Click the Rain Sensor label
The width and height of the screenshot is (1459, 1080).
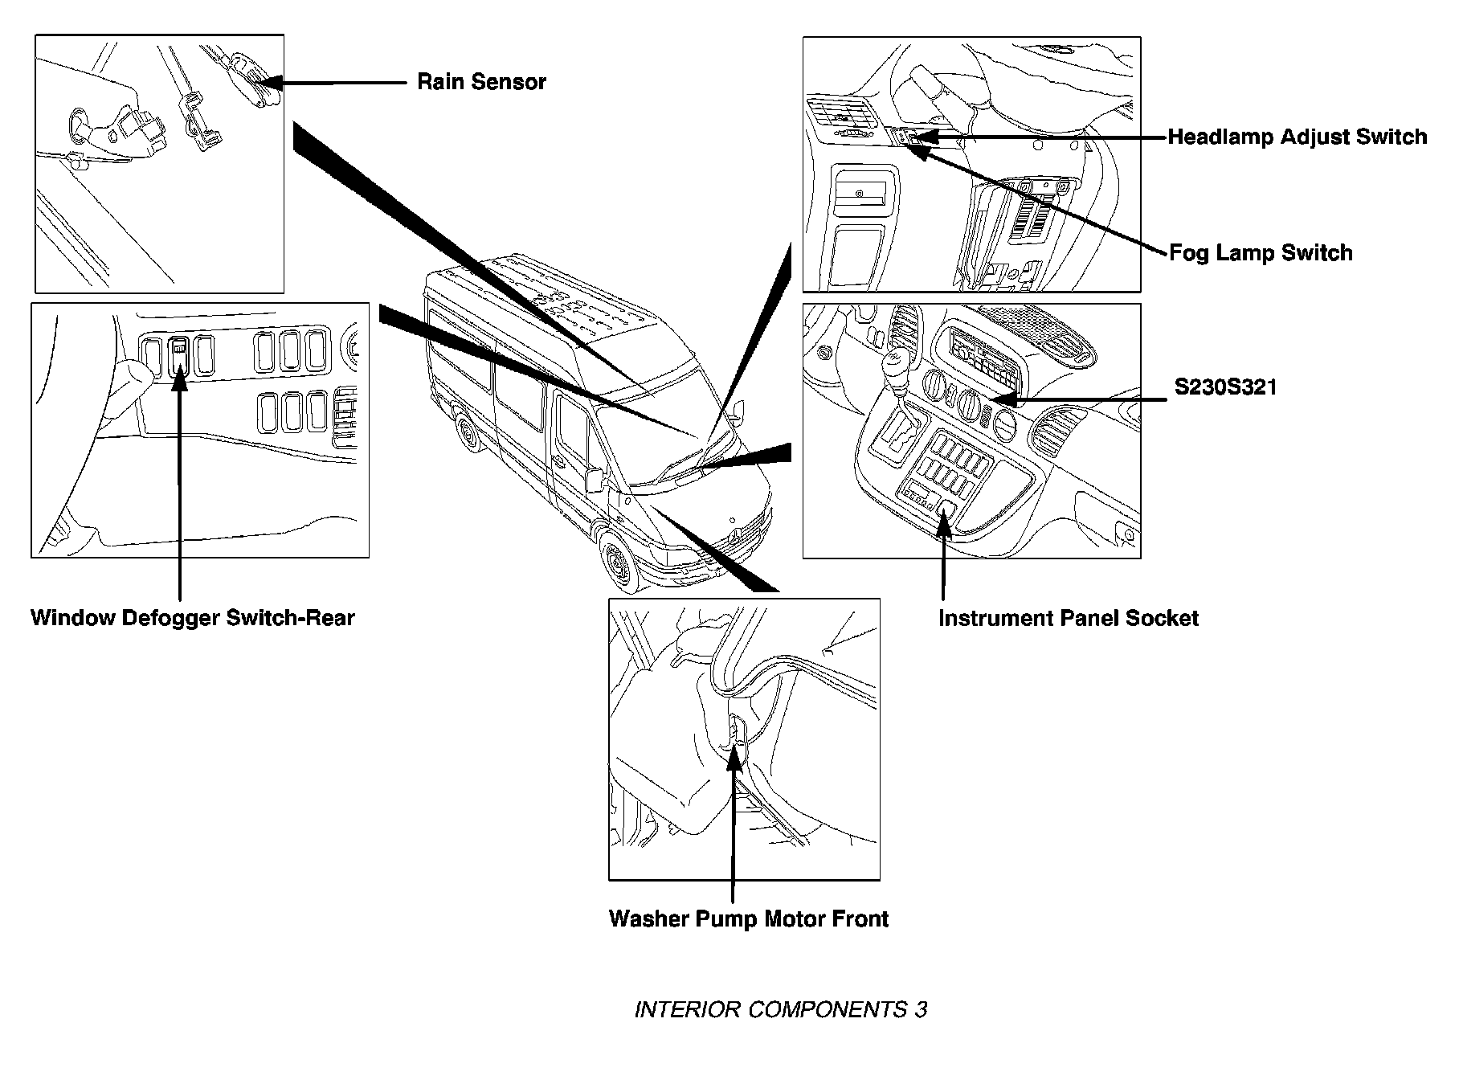(x=481, y=82)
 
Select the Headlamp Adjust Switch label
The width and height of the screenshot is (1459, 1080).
(x=1297, y=137)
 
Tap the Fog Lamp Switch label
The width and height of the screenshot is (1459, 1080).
(x=1260, y=253)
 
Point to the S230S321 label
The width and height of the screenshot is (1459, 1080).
(x=1225, y=387)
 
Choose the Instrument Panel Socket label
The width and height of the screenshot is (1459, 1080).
(x=1068, y=618)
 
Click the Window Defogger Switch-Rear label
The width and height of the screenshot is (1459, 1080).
(x=192, y=618)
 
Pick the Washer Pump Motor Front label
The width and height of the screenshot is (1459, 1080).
(x=748, y=918)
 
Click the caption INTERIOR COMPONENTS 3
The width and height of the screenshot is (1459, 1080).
(x=780, y=1009)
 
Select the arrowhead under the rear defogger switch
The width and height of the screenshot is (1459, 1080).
(x=179, y=379)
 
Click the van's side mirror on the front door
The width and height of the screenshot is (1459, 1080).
(x=595, y=479)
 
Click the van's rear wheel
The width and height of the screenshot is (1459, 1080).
(x=465, y=436)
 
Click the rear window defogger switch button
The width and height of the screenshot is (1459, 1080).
(x=179, y=355)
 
